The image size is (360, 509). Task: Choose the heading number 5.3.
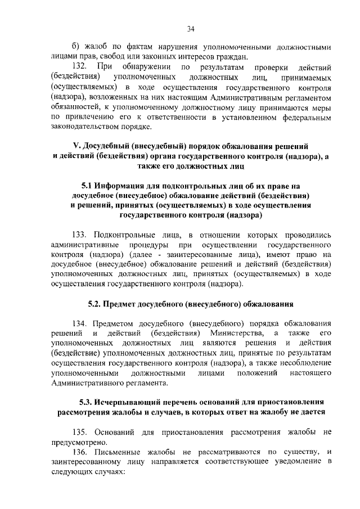tap(87, 404)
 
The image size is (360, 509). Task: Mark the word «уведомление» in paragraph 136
tap(292, 462)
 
